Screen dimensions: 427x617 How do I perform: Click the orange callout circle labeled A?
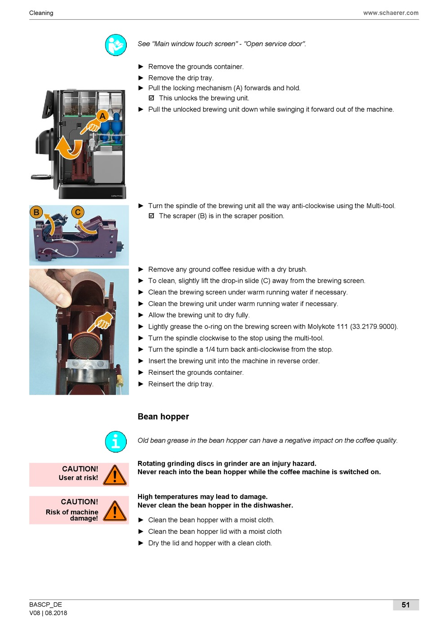tap(102, 116)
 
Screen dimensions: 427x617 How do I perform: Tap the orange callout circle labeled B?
tap(36, 212)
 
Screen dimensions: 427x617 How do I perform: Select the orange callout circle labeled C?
tap(78, 212)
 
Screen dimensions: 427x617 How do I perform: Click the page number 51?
tap(405, 604)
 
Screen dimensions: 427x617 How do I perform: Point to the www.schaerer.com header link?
tap(391, 13)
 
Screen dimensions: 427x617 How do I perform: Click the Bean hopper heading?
tap(163, 417)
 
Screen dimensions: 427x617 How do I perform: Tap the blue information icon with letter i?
tap(116, 442)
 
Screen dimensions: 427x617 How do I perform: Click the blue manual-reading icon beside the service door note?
tap(116, 45)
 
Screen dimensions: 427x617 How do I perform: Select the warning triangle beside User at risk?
tap(115, 475)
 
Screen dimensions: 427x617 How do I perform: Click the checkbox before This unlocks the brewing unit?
tap(151, 98)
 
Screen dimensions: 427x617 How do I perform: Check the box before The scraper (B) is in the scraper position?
tap(151, 216)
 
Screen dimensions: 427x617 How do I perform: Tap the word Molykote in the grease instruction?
tap(320, 327)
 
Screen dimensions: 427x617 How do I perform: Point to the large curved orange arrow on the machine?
tap(69, 148)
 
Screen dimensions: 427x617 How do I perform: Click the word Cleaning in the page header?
tap(41, 13)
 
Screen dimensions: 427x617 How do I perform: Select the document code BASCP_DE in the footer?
tap(45, 604)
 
